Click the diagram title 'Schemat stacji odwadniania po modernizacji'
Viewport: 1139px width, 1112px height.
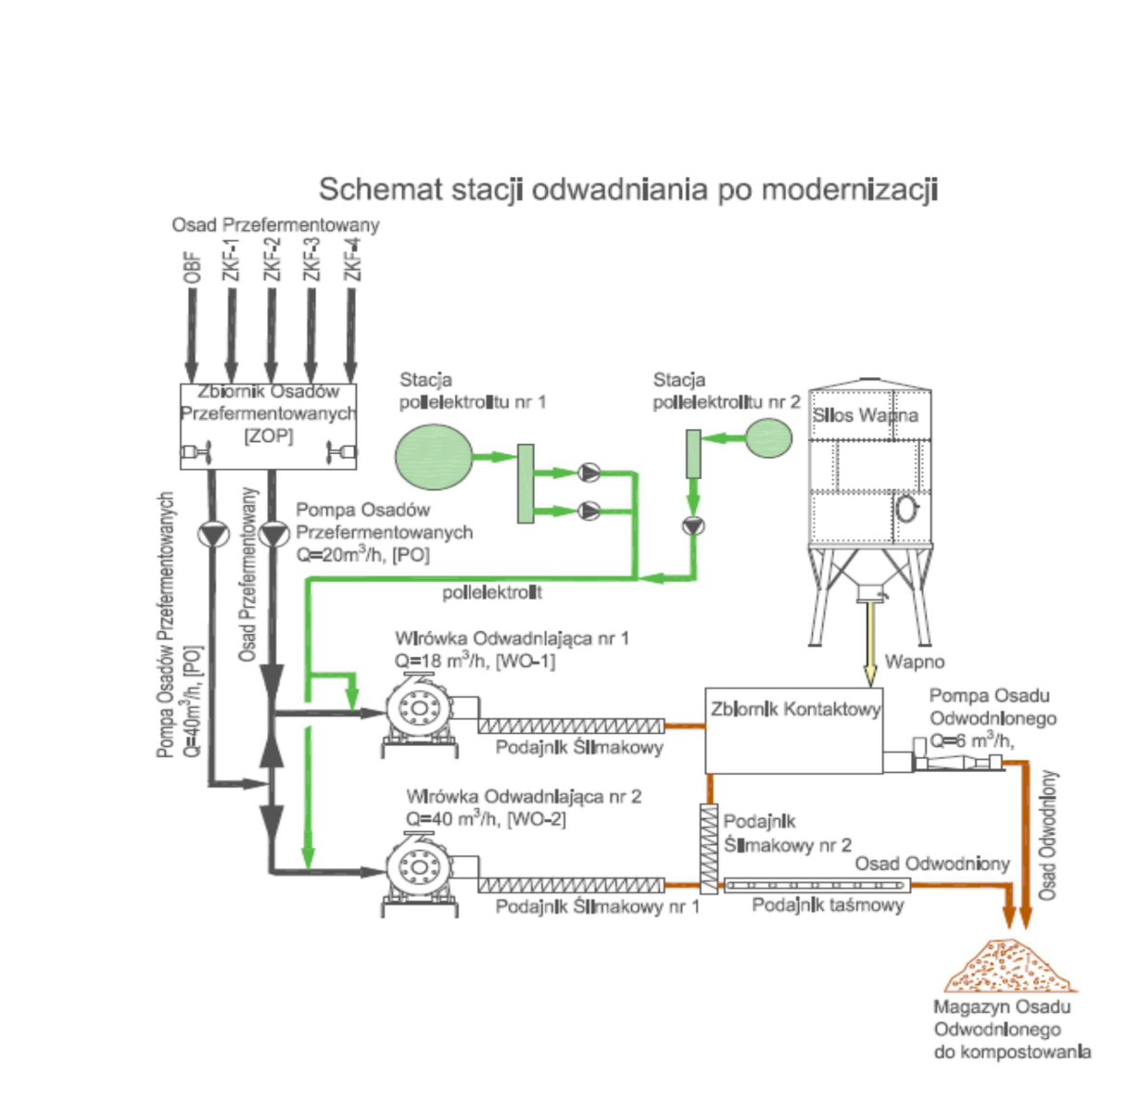coord(627,189)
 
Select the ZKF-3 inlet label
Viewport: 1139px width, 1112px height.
coord(311,259)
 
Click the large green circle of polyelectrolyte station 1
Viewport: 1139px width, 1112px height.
coord(434,456)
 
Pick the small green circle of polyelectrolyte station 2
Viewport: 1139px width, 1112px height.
coord(768,438)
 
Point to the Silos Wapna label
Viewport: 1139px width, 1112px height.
coord(866,415)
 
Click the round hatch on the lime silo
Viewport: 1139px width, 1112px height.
coord(906,508)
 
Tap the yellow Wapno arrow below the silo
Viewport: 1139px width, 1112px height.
coord(869,639)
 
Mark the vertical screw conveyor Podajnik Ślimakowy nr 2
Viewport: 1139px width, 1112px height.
coord(709,849)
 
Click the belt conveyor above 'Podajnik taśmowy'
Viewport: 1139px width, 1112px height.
coord(816,886)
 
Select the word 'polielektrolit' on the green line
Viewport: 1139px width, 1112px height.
coord(492,592)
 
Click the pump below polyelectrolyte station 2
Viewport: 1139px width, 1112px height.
coord(693,525)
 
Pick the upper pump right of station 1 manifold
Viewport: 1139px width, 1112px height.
coord(589,473)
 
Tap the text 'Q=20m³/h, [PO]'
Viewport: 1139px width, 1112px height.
coord(362,555)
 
